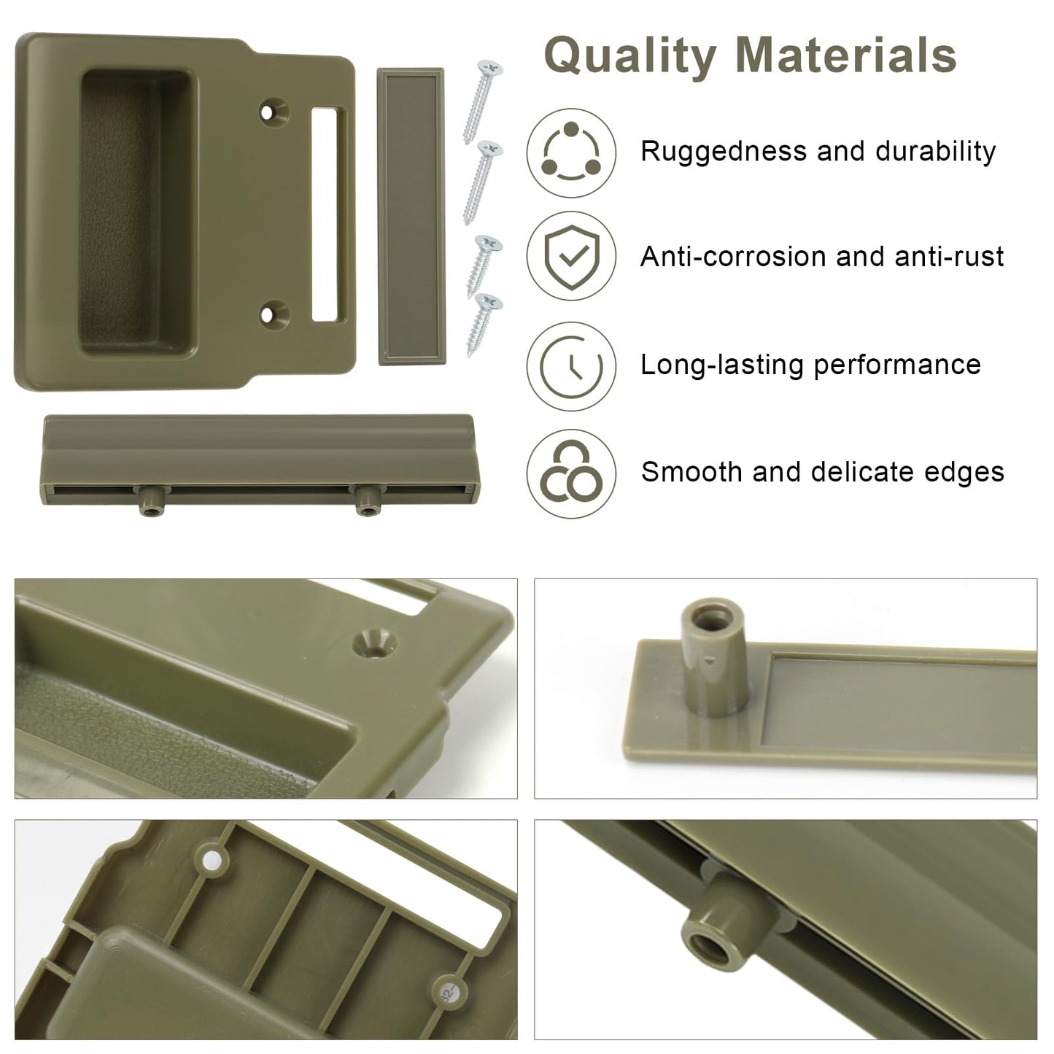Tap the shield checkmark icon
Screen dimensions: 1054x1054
tap(571, 256)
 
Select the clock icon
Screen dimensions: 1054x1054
tap(571, 365)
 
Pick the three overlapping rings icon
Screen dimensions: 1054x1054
tap(571, 473)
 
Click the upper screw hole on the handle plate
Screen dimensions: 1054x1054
tap(274, 112)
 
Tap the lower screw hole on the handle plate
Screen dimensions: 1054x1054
tap(274, 314)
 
